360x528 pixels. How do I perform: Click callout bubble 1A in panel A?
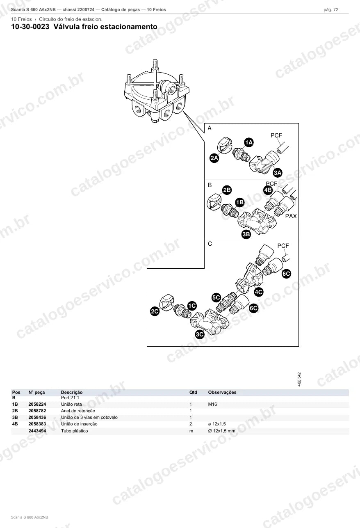tap(249, 142)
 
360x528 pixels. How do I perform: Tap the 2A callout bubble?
tap(214, 158)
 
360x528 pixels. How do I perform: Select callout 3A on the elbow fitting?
tap(278, 173)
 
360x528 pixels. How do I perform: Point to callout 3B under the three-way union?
tap(246, 234)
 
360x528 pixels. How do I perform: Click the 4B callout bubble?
tap(268, 190)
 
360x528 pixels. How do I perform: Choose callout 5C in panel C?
tap(216, 297)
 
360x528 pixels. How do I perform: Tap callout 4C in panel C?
tap(259, 292)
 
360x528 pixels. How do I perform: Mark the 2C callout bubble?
tap(155, 311)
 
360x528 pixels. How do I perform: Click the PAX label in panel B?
tap(291, 216)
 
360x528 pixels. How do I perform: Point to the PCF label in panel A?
tap(276, 135)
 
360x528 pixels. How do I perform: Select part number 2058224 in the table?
tap(37, 404)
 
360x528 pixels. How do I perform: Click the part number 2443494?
tap(37, 431)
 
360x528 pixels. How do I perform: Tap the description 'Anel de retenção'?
tap(78, 411)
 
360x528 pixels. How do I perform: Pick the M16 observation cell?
tap(212, 404)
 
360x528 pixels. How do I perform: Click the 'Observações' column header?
tap(222, 392)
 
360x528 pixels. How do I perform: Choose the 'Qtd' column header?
tap(193, 392)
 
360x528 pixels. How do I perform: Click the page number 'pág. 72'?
tap(331, 10)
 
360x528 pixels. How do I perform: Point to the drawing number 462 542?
tap(299, 379)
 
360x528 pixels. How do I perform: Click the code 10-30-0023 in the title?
tap(30, 27)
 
